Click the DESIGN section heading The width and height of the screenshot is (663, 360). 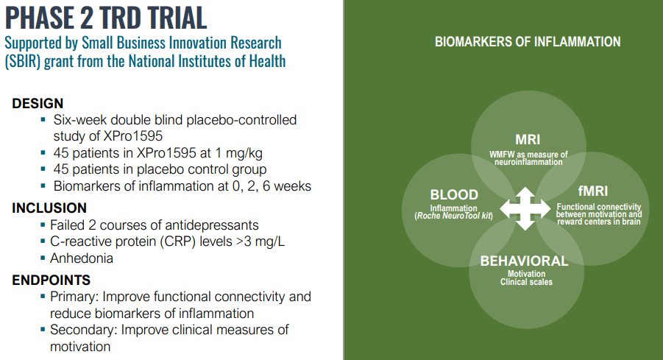(38, 104)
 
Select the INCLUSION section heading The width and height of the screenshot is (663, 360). (49, 208)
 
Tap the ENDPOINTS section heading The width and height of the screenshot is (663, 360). (51, 280)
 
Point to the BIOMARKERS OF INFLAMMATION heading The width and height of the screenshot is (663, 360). (528, 42)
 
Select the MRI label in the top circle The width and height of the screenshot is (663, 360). (528, 139)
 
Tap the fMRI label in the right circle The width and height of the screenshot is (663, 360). (594, 191)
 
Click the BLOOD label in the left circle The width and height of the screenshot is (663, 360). (454, 195)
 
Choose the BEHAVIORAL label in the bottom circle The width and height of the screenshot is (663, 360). (524, 261)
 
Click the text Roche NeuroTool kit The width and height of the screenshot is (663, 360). (454, 215)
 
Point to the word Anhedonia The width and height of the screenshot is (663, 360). (81, 258)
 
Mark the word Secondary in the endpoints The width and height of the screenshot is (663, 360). (83, 329)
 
